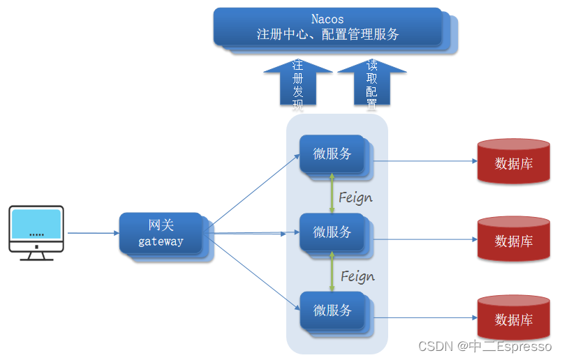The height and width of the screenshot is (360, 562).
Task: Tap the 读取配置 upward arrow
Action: point(371,84)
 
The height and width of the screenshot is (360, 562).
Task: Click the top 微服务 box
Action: point(332,154)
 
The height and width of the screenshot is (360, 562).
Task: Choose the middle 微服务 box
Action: point(332,232)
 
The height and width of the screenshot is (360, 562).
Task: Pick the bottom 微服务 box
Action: point(332,310)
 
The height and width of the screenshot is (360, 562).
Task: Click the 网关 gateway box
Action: point(161,234)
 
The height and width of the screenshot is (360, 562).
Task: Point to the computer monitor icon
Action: point(36,231)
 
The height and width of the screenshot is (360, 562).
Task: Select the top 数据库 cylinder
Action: point(513,162)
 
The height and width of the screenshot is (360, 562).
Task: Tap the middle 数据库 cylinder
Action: point(513,240)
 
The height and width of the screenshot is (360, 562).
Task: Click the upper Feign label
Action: point(355,197)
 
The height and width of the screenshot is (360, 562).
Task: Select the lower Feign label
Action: point(357,276)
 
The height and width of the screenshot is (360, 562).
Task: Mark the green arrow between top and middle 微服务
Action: point(332,194)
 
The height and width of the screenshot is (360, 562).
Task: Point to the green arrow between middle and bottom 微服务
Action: point(332,272)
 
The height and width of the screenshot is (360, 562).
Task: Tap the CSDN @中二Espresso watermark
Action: point(485,346)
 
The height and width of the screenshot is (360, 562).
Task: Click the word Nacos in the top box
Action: point(327,20)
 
